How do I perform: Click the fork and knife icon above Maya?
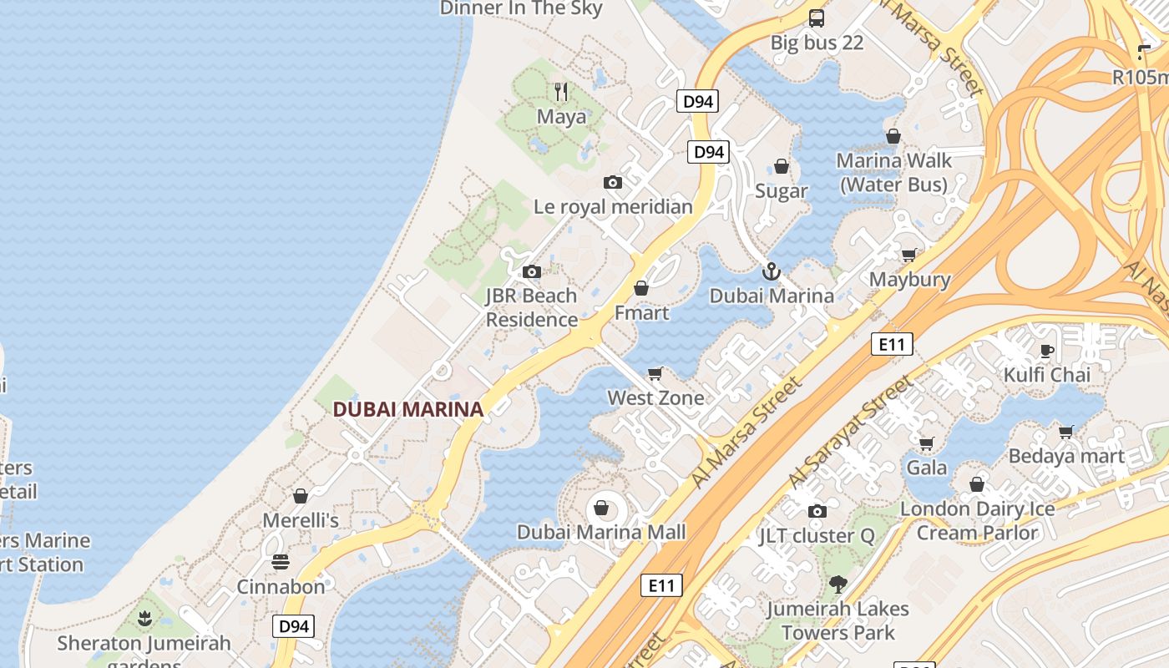[x=561, y=91]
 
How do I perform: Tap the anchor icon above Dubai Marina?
[x=772, y=271]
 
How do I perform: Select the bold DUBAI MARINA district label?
[x=408, y=409]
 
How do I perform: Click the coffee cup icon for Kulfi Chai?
[x=1047, y=351]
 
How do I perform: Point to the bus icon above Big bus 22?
[x=817, y=18]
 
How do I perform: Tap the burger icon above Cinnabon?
[x=281, y=562]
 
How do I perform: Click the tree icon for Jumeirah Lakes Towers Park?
[x=838, y=584]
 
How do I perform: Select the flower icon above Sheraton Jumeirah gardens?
[x=144, y=619]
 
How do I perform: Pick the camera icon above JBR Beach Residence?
[x=531, y=271]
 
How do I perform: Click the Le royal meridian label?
[x=614, y=206]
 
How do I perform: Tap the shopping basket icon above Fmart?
[x=641, y=288]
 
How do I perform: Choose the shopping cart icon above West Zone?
[x=655, y=373]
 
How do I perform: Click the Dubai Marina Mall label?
[x=601, y=532]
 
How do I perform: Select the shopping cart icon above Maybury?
[x=908, y=255]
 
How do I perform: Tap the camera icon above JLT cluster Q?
[x=817, y=511]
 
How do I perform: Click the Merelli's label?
[x=301, y=520]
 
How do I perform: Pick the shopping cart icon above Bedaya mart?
[x=1065, y=432]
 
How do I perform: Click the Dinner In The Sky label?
[x=521, y=8]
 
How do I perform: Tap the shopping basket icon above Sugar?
[x=782, y=167]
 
